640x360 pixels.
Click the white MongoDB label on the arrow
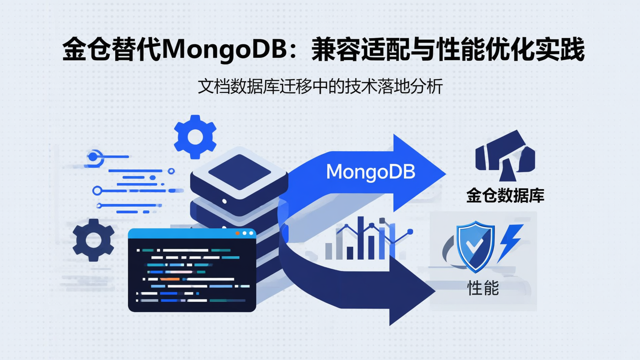tap(370, 172)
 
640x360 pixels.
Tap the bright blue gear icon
tap(195, 137)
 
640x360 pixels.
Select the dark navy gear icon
tap(93, 240)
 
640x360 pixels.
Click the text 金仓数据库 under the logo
tap(505, 196)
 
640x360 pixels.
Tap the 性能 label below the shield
tap(483, 288)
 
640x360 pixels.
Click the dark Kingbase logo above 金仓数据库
tap(504, 153)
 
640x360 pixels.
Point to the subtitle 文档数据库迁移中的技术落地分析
tap(320, 87)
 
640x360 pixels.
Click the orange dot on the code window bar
tap(238, 233)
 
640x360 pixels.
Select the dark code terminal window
tap(192, 271)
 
